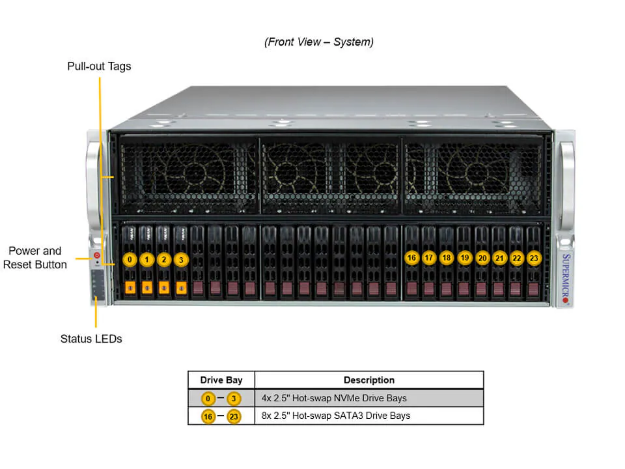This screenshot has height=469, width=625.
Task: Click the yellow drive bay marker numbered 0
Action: (130, 260)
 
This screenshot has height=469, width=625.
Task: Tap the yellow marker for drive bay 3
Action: (182, 260)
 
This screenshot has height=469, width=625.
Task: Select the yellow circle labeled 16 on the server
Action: (411, 258)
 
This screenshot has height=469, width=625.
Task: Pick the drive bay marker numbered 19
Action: (464, 258)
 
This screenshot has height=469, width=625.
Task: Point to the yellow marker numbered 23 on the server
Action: (534, 258)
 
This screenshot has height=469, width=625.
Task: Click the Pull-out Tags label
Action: (99, 66)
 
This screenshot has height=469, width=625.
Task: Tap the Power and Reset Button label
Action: (35, 258)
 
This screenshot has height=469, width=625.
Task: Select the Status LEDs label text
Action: (91, 339)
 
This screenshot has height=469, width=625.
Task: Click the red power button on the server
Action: (98, 255)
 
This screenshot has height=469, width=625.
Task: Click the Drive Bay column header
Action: (221, 380)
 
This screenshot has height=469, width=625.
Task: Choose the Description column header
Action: (368, 380)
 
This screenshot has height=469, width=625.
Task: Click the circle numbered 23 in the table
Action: (234, 416)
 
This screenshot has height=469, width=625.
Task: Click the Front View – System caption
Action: (318, 42)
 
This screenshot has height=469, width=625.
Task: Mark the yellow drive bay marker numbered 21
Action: (499, 258)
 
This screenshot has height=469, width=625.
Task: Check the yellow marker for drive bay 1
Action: (147, 260)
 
